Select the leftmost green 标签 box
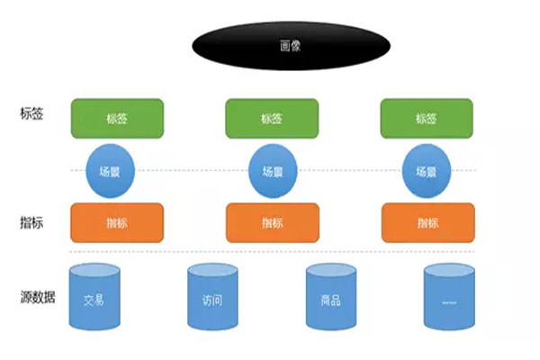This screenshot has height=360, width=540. (x=117, y=119)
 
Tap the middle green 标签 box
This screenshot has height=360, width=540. (x=272, y=119)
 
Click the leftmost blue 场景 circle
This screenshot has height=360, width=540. (x=111, y=171)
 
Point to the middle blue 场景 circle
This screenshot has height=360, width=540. (x=273, y=171)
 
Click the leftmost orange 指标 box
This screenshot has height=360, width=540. (x=117, y=222)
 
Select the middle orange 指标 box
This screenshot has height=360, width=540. (x=272, y=222)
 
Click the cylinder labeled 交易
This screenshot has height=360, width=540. (x=94, y=296)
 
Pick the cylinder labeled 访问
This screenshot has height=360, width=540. (x=212, y=296)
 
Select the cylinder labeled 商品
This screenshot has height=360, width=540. (x=330, y=296)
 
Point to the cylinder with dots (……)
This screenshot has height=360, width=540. (x=449, y=296)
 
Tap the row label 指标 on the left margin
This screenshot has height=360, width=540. (x=32, y=221)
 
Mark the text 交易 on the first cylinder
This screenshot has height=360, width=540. (x=94, y=300)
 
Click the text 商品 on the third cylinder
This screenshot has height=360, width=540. (x=330, y=300)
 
